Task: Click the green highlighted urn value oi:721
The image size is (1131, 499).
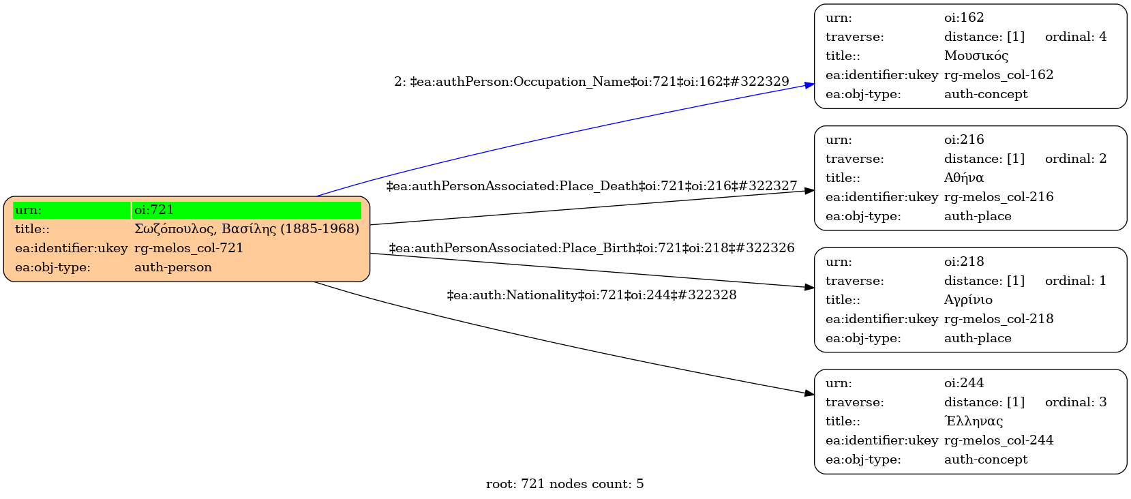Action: [154, 210]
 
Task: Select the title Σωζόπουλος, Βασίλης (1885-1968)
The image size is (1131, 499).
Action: [246, 229]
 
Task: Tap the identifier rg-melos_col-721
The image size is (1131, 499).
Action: [189, 248]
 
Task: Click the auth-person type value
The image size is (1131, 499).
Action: [173, 267]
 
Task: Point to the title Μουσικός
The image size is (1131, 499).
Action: [976, 56]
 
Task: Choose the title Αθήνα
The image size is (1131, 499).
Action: [963, 178]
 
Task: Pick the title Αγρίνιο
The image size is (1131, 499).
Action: [968, 300]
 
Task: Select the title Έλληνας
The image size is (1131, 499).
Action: [973, 421]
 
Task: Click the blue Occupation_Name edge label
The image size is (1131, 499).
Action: [591, 82]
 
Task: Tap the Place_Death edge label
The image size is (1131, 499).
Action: [591, 186]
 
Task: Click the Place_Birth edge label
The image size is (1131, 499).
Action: [591, 248]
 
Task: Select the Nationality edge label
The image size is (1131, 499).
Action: [591, 295]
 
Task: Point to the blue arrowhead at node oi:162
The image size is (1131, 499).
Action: [810, 85]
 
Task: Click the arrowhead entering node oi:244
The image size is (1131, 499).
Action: [810, 393]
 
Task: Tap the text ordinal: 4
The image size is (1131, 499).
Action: [1075, 37]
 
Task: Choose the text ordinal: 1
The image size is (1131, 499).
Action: [1075, 281]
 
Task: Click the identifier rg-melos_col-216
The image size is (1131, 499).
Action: [998, 197]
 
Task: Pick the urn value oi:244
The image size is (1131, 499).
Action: [964, 383]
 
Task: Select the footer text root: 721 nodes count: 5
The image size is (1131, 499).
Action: [564, 484]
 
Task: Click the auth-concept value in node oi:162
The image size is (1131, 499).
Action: [985, 94]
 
